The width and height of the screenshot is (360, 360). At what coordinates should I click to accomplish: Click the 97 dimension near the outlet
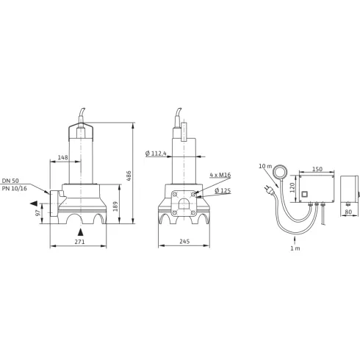(37, 212)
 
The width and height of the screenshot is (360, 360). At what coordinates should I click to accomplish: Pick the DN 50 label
(11, 180)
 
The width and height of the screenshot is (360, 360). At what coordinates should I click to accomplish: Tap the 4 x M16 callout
(218, 175)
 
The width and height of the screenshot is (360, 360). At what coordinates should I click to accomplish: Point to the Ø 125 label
(223, 190)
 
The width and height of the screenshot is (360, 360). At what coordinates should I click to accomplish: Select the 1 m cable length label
(295, 248)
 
